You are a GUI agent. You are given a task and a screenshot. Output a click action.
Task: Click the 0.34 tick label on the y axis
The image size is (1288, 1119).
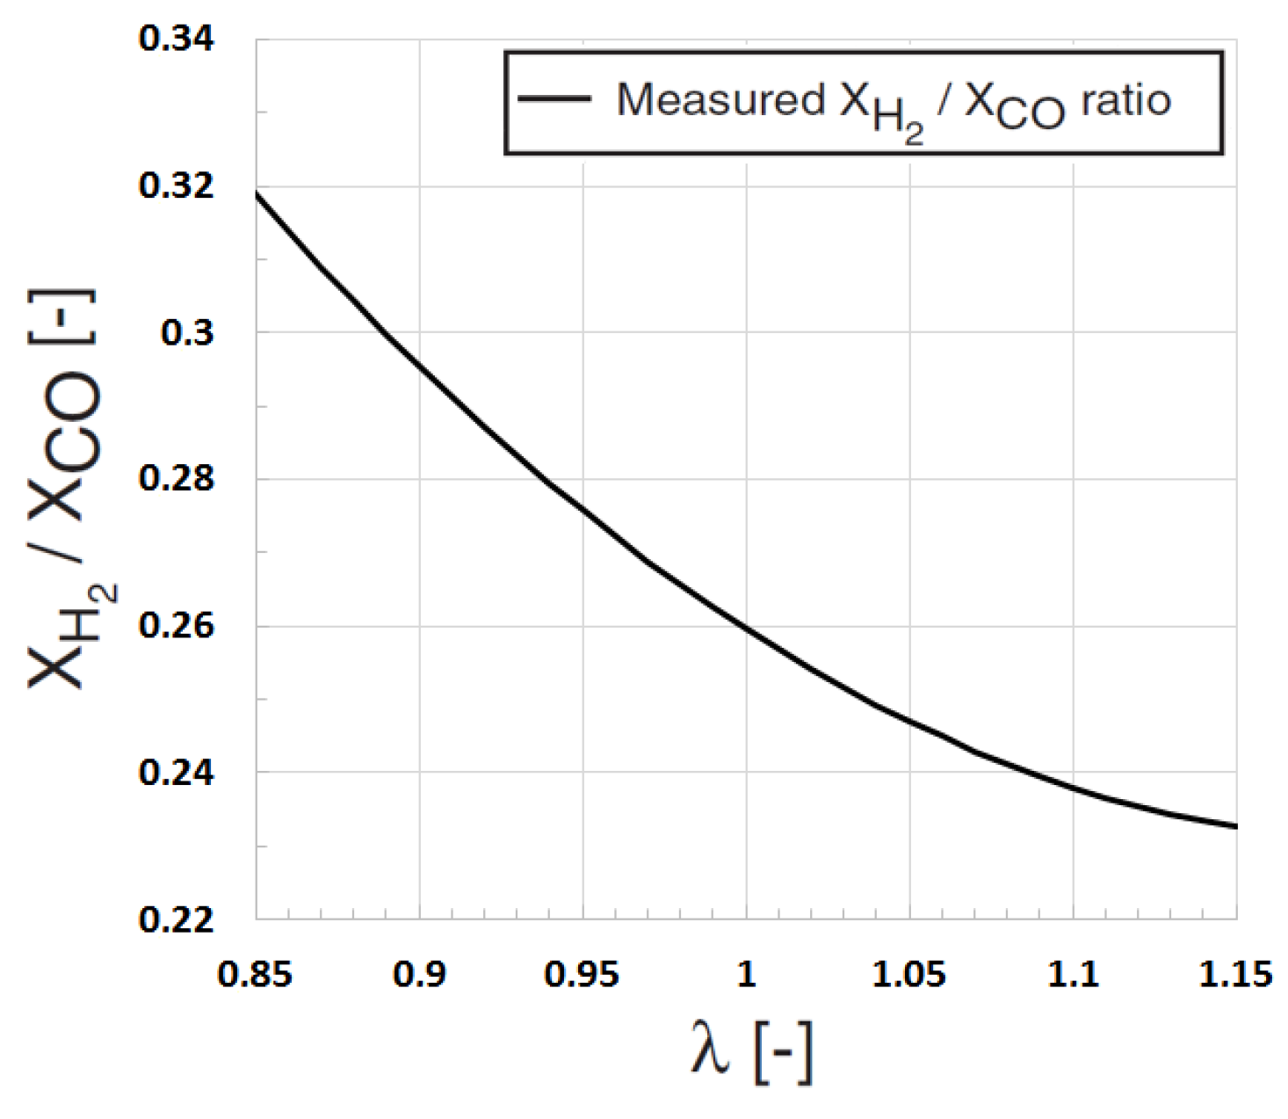(x=176, y=40)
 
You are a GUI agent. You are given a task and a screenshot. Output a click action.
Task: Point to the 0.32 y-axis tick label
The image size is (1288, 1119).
(x=176, y=186)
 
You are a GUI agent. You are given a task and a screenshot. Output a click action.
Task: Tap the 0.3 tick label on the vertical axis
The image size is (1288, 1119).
(x=186, y=333)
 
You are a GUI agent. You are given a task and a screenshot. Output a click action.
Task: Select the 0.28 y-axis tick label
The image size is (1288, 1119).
(x=176, y=479)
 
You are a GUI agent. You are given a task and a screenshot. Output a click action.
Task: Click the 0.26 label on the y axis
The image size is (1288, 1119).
(x=176, y=626)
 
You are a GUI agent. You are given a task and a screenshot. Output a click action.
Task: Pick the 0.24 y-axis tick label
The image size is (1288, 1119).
(x=176, y=773)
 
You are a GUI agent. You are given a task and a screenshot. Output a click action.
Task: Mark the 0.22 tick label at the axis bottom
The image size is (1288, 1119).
(x=176, y=919)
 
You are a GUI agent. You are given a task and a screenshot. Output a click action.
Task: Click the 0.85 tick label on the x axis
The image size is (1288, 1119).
(x=255, y=975)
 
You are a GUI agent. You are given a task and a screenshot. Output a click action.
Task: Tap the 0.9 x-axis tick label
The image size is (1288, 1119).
(x=419, y=975)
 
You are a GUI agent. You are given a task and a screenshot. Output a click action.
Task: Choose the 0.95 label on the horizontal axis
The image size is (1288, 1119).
(x=582, y=975)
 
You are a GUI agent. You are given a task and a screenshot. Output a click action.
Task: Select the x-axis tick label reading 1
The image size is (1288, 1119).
(x=746, y=975)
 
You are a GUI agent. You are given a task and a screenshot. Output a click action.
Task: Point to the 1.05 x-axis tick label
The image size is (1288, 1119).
(x=909, y=975)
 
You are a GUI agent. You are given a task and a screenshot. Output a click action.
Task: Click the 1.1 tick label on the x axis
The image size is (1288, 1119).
(x=1073, y=975)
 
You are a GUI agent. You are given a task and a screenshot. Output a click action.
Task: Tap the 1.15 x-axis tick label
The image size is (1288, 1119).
(x=1235, y=975)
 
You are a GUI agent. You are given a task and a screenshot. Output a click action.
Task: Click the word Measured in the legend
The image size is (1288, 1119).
(x=720, y=99)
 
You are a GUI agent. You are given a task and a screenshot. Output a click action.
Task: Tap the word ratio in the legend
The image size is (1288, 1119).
(x=1125, y=100)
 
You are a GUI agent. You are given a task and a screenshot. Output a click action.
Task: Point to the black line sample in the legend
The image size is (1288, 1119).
(x=554, y=98)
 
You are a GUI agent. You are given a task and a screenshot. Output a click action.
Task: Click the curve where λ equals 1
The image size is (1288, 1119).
(x=746, y=627)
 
